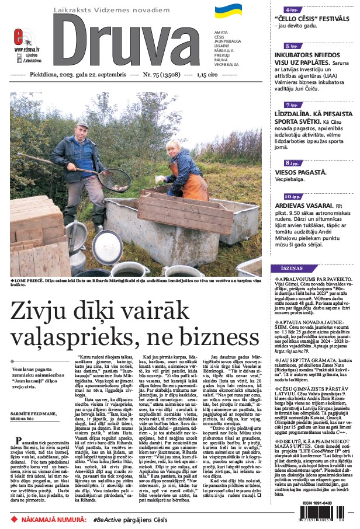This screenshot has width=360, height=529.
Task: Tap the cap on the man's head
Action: [82, 124]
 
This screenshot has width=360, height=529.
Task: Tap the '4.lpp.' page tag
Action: [289, 10]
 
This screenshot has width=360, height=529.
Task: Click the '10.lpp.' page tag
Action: [293, 197]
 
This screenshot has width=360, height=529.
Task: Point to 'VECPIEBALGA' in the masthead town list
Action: [227, 64]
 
